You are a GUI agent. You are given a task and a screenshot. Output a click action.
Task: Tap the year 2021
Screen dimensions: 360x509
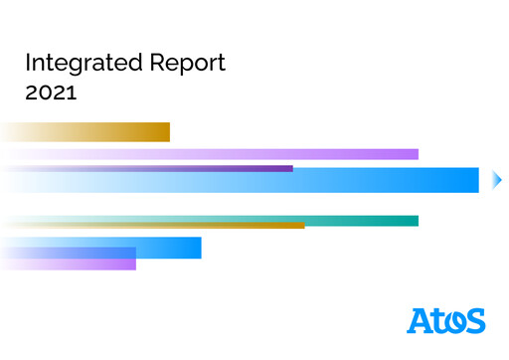(52, 95)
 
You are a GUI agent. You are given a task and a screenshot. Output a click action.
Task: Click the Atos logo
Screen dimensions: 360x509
(446, 320)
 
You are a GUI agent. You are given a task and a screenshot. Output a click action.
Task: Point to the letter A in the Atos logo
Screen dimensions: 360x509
(420, 320)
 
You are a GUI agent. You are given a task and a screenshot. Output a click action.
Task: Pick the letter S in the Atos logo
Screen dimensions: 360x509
(474, 321)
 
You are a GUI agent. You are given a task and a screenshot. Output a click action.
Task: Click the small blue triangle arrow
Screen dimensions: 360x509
(498, 180)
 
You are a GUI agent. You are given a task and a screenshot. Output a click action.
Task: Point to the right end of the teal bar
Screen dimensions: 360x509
(415, 220)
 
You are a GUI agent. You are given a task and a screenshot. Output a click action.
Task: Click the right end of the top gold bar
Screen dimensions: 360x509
(166, 131)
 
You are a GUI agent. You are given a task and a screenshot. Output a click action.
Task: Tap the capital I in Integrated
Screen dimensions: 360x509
(28, 65)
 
